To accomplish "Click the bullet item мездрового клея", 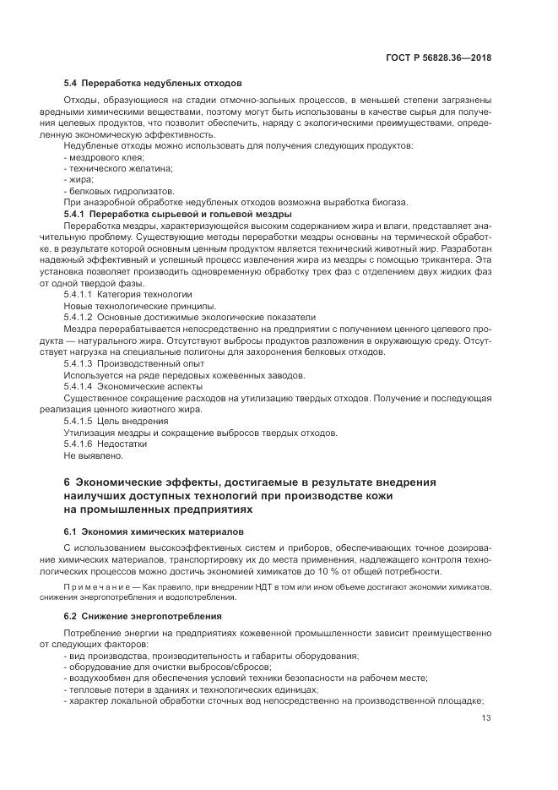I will [104, 157].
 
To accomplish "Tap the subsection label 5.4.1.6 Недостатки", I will [106, 443].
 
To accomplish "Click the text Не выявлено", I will [93, 455].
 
